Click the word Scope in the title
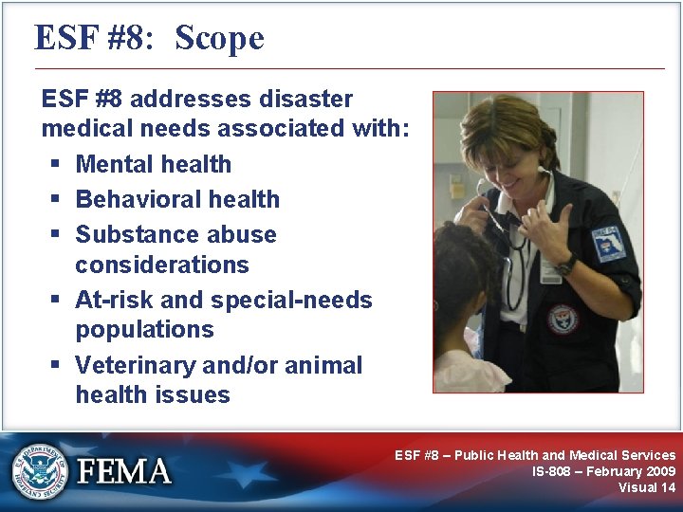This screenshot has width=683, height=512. pyautogui.click(x=219, y=38)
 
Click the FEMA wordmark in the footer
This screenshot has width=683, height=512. pyautogui.click(x=124, y=471)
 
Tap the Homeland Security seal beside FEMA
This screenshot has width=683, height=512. pyautogui.click(x=40, y=470)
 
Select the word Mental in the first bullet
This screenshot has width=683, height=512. pyautogui.click(x=117, y=164)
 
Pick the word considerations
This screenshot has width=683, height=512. pyautogui.click(x=161, y=265)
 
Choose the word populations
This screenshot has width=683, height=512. pyautogui.click(x=144, y=330)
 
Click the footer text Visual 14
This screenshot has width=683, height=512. pyautogui.click(x=647, y=487)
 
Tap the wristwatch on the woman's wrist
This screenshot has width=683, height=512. pyautogui.click(x=566, y=265)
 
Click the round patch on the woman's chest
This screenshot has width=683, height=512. pyautogui.click(x=562, y=320)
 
